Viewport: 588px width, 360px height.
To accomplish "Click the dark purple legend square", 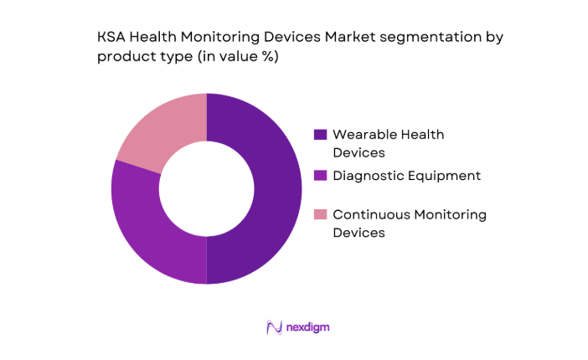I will coord(319,134).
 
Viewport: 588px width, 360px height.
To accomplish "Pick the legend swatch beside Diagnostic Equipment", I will coord(319,176).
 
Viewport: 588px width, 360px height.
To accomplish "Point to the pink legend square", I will coord(319,215).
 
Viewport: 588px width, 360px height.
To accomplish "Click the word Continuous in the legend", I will coord(369,215).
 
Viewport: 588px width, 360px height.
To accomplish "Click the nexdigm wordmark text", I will coord(306,327).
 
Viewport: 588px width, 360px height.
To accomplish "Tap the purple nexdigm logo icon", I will coord(273,327).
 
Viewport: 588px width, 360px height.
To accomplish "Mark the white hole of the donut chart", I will coord(206,188).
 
